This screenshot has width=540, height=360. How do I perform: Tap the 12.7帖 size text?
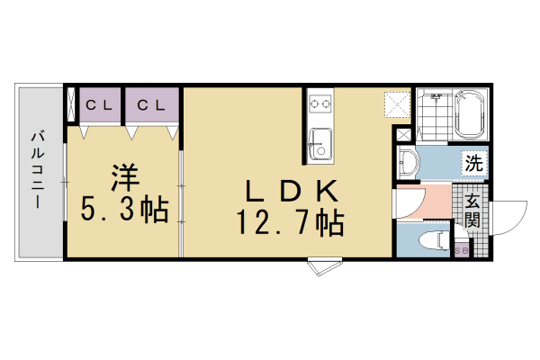tap(290, 221)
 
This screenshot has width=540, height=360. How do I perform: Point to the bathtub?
tap(470, 114)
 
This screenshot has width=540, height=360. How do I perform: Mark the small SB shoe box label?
tap(461, 251)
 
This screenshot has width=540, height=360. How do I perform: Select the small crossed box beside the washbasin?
tap(402, 134)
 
